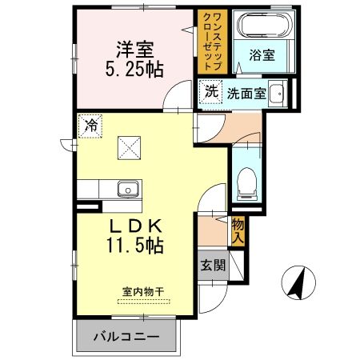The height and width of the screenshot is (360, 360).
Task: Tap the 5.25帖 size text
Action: coord(134,70)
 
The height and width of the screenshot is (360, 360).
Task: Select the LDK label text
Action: coord(134,226)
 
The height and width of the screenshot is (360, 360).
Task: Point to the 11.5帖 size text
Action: coord(134,246)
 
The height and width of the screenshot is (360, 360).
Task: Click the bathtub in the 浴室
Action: coord(257,27)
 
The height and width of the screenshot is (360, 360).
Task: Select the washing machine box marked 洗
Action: coord(210,92)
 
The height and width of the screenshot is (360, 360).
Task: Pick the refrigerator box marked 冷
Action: coord(90,125)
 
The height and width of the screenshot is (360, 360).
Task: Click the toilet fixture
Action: coord(247,185)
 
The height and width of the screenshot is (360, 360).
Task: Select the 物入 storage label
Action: coord(238,231)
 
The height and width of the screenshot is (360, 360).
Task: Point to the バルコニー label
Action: coord(124,336)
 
